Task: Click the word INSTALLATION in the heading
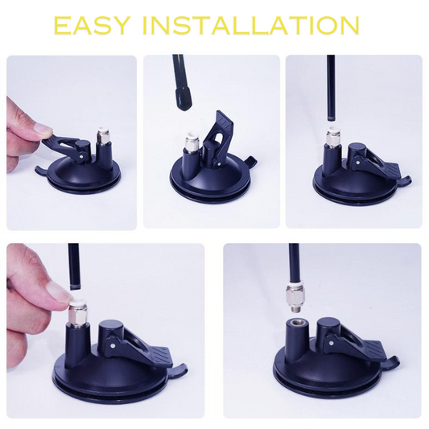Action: [x=250, y=26]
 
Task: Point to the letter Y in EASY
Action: [x=120, y=26]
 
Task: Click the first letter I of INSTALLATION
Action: [x=146, y=26]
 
